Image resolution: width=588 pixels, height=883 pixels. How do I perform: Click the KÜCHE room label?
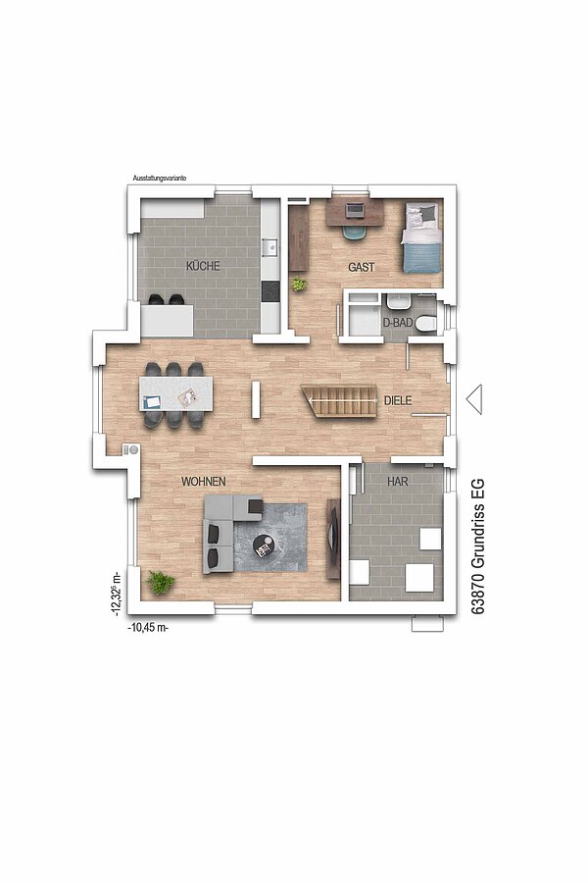tap(203, 266)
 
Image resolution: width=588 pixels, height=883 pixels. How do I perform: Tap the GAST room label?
tap(362, 268)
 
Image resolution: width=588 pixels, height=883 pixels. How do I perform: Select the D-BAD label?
tap(398, 323)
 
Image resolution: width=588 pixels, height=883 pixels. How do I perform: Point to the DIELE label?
tap(398, 401)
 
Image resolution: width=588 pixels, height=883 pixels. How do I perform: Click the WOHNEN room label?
tap(203, 482)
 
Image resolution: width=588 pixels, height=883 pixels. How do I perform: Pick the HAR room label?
tap(398, 482)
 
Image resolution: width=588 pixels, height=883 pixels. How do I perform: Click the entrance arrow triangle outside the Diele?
tap(474, 399)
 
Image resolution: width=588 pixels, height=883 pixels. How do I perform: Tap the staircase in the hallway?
tap(339, 401)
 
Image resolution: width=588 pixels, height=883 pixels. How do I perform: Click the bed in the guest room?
tap(421, 237)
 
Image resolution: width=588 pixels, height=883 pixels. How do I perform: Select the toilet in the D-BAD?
tap(424, 323)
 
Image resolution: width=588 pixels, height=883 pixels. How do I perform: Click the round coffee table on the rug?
tap(263, 545)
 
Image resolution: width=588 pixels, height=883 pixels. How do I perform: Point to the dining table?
tap(176, 394)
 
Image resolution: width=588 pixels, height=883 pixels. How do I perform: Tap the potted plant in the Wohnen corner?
tap(161, 582)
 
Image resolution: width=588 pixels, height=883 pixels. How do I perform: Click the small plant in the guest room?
tap(299, 284)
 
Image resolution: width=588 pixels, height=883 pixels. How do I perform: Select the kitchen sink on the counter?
tap(270, 246)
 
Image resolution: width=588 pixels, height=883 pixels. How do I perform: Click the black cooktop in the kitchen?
tap(270, 291)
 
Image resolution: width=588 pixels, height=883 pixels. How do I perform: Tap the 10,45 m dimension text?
tap(149, 628)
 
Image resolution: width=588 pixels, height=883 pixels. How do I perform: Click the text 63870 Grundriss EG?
tap(477, 546)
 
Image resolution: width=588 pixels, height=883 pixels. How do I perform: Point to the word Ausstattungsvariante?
tap(159, 178)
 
